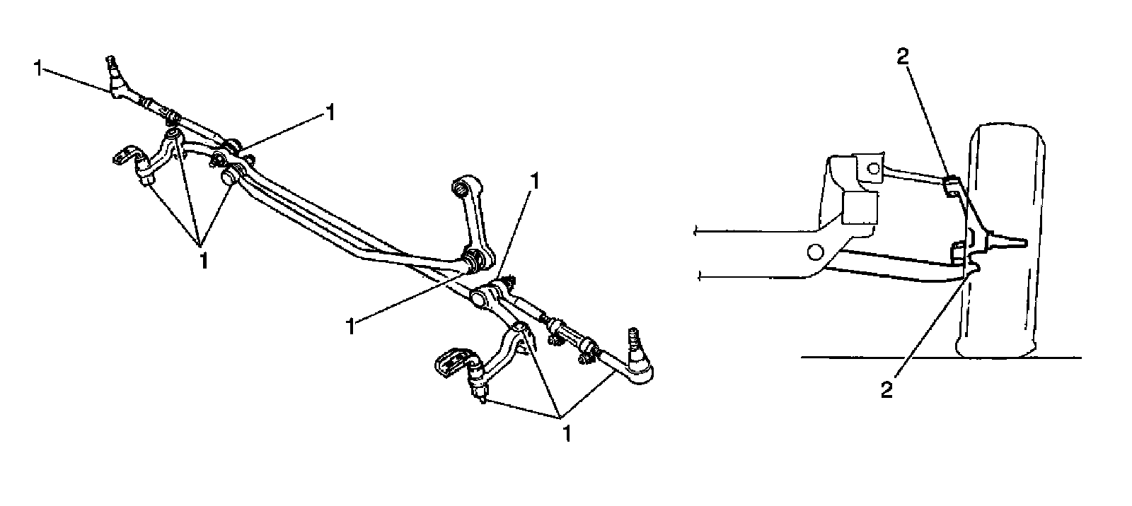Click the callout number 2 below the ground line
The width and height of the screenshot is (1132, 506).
pyautogui.click(x=886, y=389)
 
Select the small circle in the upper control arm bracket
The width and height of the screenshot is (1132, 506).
pyautogui.click(x=873, y=168)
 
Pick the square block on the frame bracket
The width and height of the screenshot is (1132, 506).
pyautogui.click(x=860, y=210)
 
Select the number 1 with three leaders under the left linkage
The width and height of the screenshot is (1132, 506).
pyautogui.click(x=202, y=259)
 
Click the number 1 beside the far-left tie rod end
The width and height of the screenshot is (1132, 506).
pyautogui.click(x=37, y=69)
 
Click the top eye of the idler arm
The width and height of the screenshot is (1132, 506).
pyautogui.click(x=459, y=187)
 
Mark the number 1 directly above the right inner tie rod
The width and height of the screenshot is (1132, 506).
pyautogui.click(x=536, y=181)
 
